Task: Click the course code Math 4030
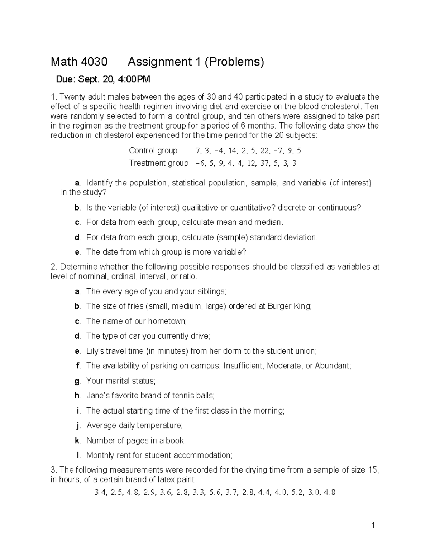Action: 79,62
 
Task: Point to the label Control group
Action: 153,150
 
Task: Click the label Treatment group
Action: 158,163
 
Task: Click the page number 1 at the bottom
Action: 373,526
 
